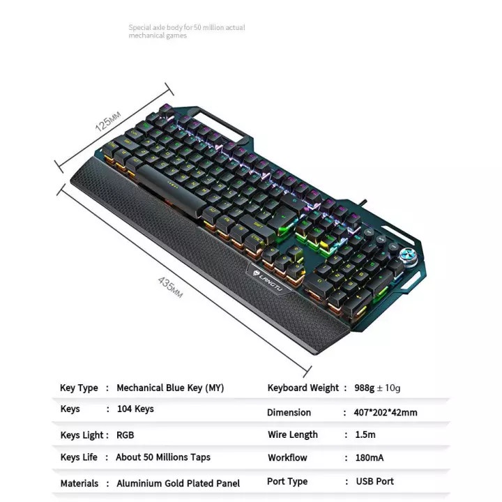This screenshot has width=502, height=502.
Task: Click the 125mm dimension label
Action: [109, 120]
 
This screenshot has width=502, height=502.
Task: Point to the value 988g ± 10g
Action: [377, 388]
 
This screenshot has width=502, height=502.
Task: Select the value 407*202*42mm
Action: [386, 412]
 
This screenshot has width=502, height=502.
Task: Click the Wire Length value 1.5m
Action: [365, 434]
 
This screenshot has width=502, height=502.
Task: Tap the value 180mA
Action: [369, 458]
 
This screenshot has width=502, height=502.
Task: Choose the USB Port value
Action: [374, 482]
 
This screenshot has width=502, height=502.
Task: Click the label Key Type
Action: [79, 388]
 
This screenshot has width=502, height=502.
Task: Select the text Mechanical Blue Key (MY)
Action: [170, 388]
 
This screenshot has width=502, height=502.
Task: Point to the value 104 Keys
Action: [135, 409]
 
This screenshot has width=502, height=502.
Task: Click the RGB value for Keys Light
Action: [125, 435]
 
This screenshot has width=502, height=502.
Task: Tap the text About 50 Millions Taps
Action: [163, 457]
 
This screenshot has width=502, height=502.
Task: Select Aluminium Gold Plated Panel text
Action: [178, 483]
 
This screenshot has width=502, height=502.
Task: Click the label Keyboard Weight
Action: [303, 388]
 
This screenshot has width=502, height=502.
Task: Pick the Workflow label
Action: [287, 458]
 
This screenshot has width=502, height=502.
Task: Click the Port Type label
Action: [287, 482]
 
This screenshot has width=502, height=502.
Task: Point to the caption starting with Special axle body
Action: [186, 31]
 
